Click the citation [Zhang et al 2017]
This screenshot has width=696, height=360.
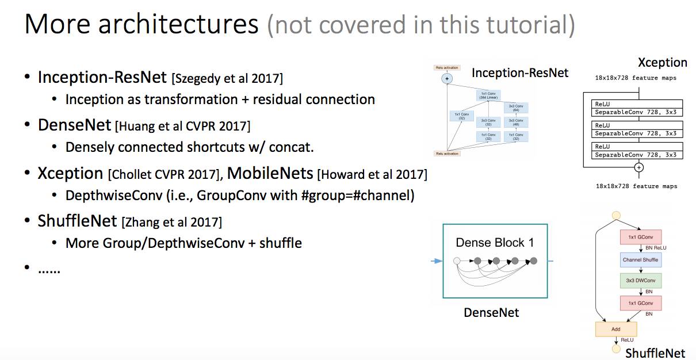[171, 221]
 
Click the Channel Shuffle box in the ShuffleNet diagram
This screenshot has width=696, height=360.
[640, 260]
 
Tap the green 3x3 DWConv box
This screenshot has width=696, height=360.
[640, 281]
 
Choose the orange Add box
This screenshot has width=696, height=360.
[615, 330]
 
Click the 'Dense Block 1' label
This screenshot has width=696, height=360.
[495, 243]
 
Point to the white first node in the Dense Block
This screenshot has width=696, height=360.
[457, 261]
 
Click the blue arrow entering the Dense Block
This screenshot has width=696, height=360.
[437, 261]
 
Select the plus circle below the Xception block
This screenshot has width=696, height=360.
[638, 167]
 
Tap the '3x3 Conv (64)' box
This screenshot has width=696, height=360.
[515, 108]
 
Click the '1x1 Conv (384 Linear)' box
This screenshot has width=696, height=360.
[487, 95]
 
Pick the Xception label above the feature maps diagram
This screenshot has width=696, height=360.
[662, 63]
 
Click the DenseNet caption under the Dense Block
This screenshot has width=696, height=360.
[491, 313]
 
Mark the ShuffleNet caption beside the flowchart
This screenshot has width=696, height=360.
[656, 353]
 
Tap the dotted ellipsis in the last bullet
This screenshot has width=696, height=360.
[49, 269]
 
